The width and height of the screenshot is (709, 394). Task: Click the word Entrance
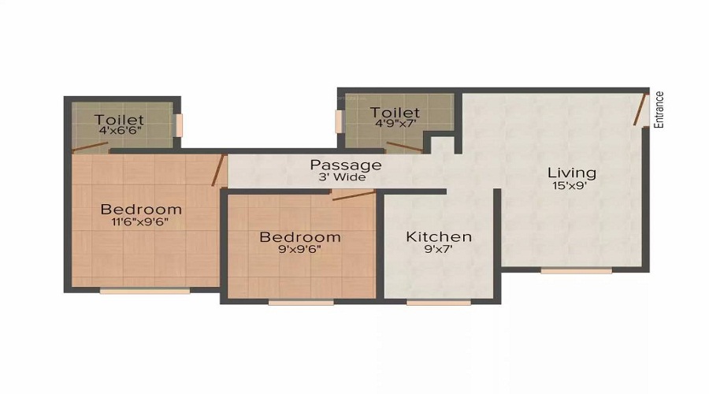(x=659, y=110)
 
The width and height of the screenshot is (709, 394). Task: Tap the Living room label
(x=572, y=173)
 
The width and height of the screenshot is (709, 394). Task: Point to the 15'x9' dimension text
(x=570, y=185)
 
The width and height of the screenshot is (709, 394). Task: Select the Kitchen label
(x=439, y=236)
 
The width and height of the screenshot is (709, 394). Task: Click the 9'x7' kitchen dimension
(x=439, y=249)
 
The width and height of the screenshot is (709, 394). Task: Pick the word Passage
(x=346, y=165)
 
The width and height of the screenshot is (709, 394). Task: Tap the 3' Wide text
(x=343, y=177)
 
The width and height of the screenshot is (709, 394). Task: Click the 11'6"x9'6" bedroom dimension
(x=140, y=222)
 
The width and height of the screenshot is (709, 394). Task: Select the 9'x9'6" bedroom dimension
(x=300, y=249)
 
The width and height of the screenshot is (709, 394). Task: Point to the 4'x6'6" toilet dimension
(x=121, y=131)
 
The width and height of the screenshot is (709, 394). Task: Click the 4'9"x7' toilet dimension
(x=395, y=123)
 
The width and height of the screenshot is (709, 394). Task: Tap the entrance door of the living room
(x=638, y=110)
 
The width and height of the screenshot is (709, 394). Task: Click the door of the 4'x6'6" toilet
(x=91, y=147)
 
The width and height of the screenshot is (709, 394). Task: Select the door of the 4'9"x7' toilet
(x=404, y=147)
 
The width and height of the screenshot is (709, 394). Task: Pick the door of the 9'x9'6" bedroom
(x=354, y=195)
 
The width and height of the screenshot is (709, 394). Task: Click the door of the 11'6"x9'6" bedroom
(x=218, y=170)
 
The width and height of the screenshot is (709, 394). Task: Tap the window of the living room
(x=577, y=271)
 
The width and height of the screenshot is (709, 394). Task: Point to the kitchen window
(x=439, y=302)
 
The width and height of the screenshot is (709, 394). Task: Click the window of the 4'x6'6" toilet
(x=179, y=125)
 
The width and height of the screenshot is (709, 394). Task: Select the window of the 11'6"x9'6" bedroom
(x=145, y=291)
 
